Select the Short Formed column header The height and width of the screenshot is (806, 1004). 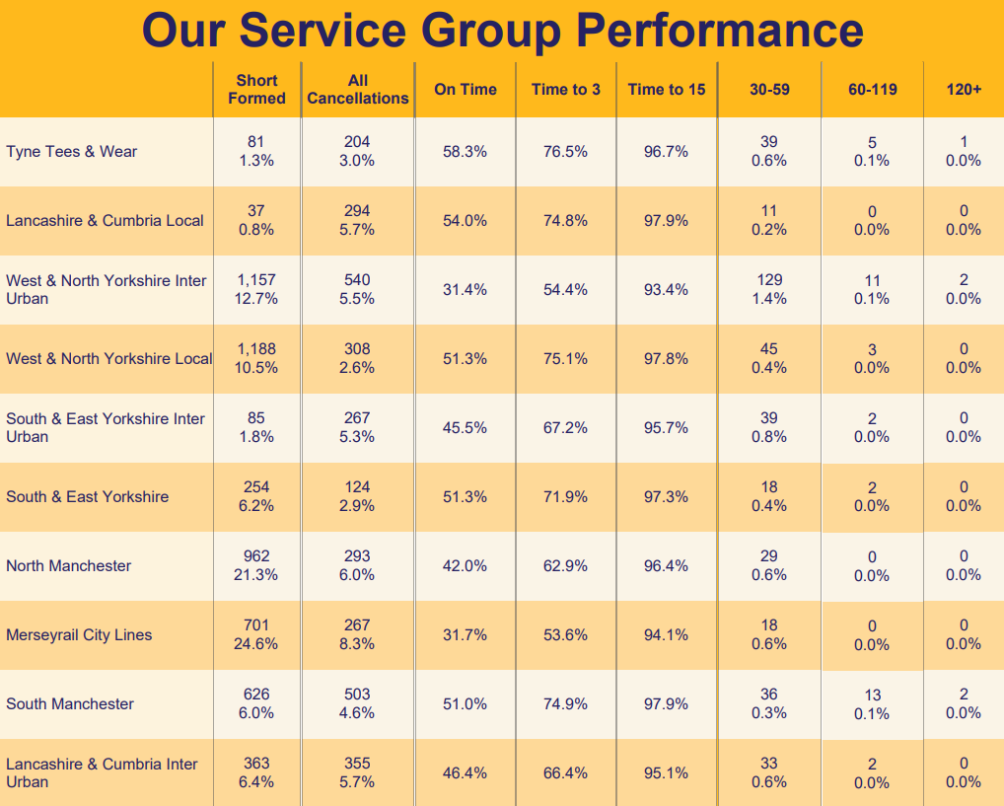tap(256, 89)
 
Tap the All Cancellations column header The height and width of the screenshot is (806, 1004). tap(357, 89)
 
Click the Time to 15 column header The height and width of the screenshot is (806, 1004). tap(667, 89)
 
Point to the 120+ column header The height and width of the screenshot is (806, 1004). tap(964, 89)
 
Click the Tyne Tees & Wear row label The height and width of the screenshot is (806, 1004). tap(72, 152)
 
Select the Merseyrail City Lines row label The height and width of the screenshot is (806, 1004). tap(79, 635)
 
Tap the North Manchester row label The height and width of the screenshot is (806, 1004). tap(68, 566)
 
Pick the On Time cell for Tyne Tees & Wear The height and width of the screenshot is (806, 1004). tap(465, 152)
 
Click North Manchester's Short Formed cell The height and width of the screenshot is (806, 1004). tap(256, 565)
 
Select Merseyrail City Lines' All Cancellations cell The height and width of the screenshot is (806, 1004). tap(357, 634)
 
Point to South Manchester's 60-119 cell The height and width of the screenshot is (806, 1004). tap(872, 703)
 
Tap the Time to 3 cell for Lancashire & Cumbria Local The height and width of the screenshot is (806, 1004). tap(565, 221)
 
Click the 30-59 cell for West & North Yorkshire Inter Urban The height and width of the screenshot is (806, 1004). tap(768, 289)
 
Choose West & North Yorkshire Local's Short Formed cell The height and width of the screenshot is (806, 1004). tap(256, 358)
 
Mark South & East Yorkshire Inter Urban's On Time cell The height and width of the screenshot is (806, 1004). tap(465, 428)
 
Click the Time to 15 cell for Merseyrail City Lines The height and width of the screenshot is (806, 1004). tap(666, 635)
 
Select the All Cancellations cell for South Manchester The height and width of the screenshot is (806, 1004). tap(357, 703)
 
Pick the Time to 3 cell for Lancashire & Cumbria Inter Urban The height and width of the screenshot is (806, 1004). tap(565, 773)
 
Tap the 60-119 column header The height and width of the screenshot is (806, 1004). tap(872, 89)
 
